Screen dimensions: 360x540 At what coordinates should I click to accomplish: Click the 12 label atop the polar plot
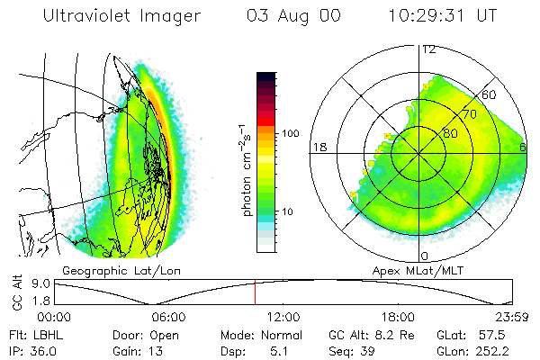coord(429,49)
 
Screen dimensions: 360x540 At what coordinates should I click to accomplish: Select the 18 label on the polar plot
coord(318,147)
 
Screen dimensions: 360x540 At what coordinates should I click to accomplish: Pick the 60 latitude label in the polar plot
coord(490,94)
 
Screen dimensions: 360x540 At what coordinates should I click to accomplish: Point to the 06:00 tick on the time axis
coord(168,317)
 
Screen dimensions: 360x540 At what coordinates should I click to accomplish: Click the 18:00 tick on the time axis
coord(399,317)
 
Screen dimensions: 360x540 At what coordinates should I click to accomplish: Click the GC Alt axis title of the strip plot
coord(16,292)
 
